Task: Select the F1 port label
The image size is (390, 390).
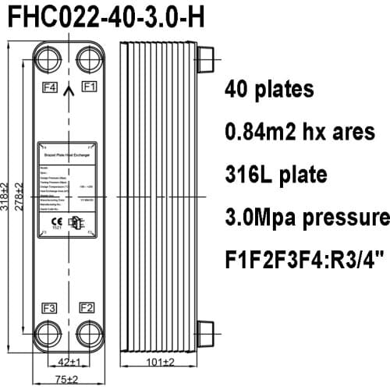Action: point(88,86)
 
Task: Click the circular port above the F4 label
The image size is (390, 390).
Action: point(48,60)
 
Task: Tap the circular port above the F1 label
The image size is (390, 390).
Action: point(87,60)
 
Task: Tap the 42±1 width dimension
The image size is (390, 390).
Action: point(69,360)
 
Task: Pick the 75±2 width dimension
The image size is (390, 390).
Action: point(68,380)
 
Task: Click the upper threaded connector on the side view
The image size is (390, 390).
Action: point(205,60)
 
